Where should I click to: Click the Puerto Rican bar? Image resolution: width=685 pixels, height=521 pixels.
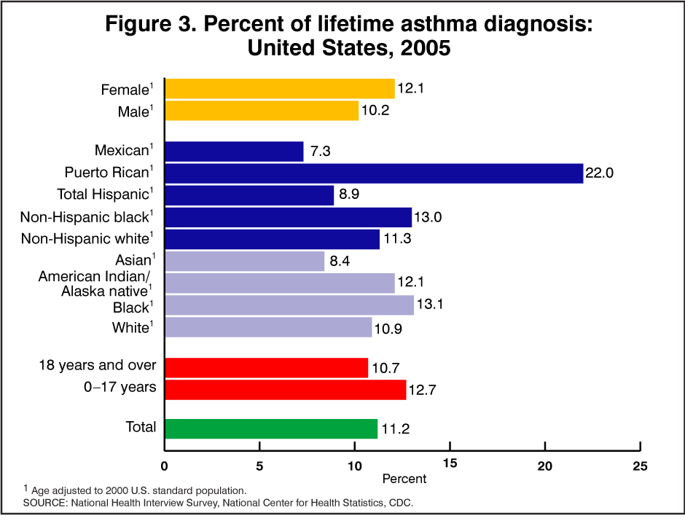[x=374, y=173]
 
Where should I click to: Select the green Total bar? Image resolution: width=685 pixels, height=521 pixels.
[x=271, y=428]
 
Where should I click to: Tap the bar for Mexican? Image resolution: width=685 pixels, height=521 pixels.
[x=234, y=152]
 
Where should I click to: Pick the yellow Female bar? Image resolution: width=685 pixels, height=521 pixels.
[x=280, y=89]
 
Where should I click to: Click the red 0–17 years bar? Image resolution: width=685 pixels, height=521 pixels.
[x=285, y=389]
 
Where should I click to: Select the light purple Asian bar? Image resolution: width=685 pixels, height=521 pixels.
[x=245, y=261]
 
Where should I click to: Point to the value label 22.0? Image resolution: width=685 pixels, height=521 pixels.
[x=600, y=174]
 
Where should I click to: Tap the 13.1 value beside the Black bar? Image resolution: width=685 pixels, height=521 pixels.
[x=431, y=306]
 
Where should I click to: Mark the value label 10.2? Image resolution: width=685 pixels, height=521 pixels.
[x=375, y=111]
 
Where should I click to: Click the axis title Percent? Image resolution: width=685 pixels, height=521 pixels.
[x=404, y=479]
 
